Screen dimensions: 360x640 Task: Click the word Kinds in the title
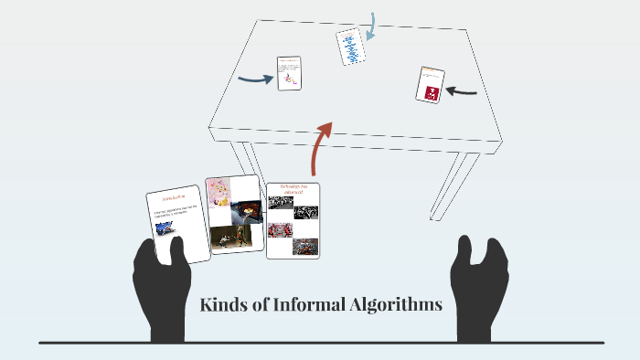[222, 305]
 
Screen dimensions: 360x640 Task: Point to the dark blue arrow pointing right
[255, 79]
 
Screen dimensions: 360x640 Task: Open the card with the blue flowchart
[350, 47]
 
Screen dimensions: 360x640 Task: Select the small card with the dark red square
[430, 84]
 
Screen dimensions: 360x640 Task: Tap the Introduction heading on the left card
[174, 196]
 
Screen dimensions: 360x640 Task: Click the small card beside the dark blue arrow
[289, 74]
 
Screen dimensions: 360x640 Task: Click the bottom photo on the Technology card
[304, 246]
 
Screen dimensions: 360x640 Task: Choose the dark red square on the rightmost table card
[429, 90]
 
